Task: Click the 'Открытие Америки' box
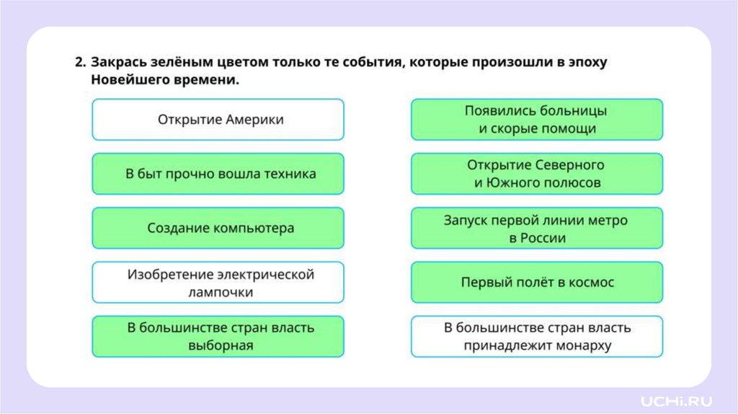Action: (x=218, y=120)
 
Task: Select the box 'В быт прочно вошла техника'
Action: (x=218, y=174)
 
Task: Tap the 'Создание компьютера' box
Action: (x=218, y=228)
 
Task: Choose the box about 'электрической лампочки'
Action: (x=218, y=283)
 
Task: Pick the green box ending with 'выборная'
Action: (x=218, y=337)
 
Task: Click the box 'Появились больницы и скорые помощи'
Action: (x=536, y=120)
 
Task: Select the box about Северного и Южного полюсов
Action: (x=536, y=174)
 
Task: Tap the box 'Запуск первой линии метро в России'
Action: (x=536, y=228)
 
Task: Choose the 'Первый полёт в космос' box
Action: (x=536, y=283)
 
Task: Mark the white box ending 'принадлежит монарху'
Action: (x=536, y=337)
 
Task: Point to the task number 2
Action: (x=80, y=63)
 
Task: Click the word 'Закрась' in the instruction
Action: (x=119, y=63)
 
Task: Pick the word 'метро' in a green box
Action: (x=607, y=220)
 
